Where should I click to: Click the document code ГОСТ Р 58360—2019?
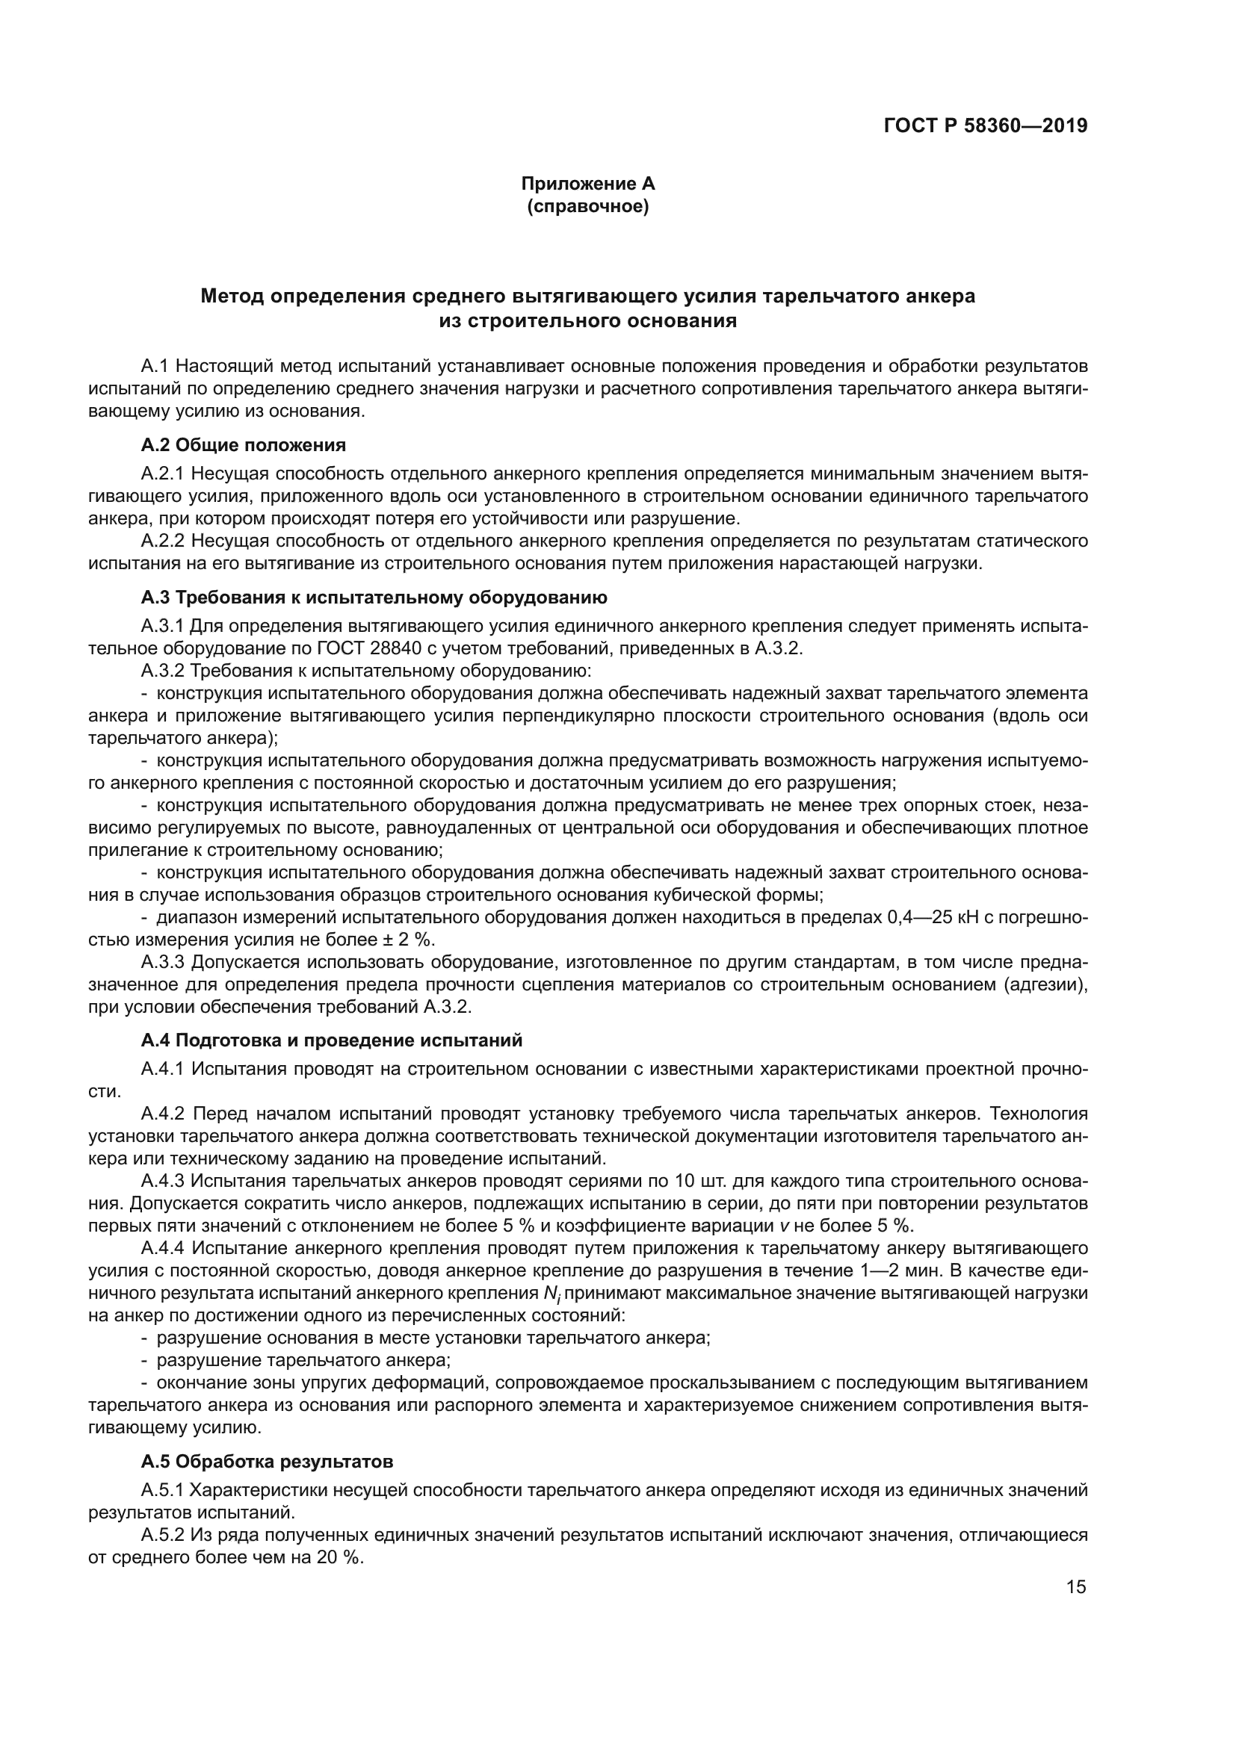986,126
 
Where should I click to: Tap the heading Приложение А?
587,184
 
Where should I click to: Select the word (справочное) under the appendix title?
587,206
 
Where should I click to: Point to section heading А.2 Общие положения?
244,445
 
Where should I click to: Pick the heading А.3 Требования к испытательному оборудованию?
374,598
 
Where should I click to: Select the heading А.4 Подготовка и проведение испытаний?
332,1040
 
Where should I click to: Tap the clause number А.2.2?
162,541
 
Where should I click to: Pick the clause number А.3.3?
162,963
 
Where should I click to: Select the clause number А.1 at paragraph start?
154,367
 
